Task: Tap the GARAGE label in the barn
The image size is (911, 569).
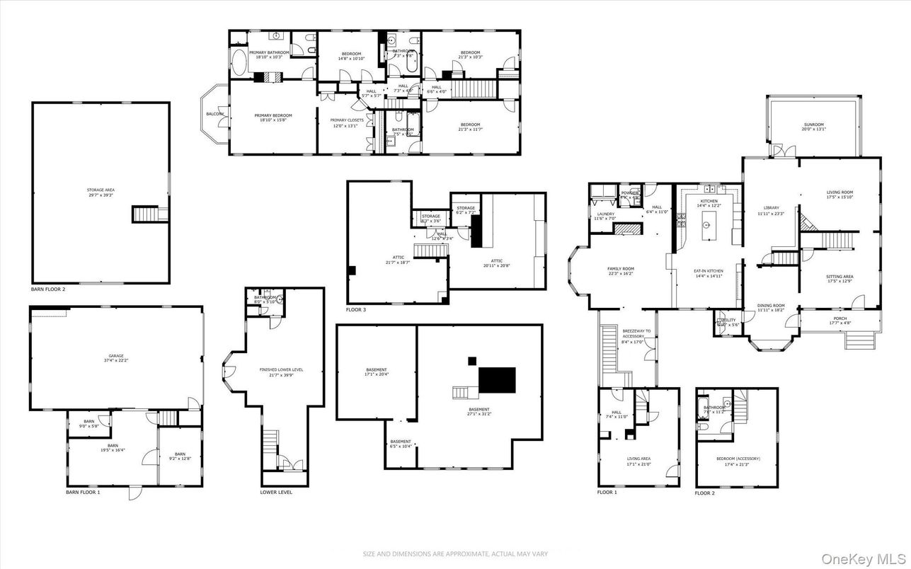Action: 116,357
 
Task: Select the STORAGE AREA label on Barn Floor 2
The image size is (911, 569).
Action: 101,192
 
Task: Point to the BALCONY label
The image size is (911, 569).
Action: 214,114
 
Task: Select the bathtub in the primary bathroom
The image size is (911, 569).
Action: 239,63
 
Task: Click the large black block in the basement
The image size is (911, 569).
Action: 497,380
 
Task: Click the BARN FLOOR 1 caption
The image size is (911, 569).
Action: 84,492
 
